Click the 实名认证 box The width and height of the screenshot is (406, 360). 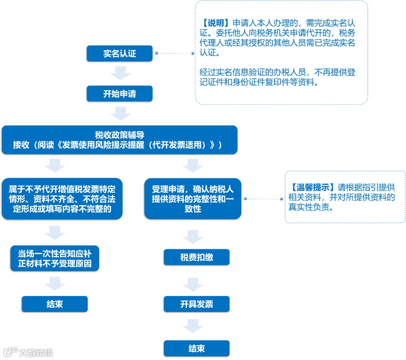(120, 54)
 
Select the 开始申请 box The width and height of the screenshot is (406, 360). (120, 94)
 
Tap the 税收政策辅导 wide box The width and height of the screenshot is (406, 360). (120, 140)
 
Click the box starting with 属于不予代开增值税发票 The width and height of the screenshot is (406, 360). (62, 199)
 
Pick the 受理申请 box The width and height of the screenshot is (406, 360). (192, 199)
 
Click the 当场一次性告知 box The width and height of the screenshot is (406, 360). (55, 258)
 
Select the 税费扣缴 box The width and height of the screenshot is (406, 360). (196, 257)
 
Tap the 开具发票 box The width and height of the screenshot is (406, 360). (196, 304)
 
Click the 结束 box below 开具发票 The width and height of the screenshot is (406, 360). (196, 348)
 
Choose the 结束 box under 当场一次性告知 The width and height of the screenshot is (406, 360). (55, 304)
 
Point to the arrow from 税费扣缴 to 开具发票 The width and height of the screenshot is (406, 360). (193, 284)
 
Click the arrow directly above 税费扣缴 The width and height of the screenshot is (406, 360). (193, 237)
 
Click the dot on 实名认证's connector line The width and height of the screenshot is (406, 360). (156, 53)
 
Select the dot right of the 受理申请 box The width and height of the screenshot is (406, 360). (245, 199)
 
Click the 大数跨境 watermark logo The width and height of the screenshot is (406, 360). (11, 352)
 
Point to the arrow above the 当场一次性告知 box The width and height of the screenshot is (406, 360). (55, 233)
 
